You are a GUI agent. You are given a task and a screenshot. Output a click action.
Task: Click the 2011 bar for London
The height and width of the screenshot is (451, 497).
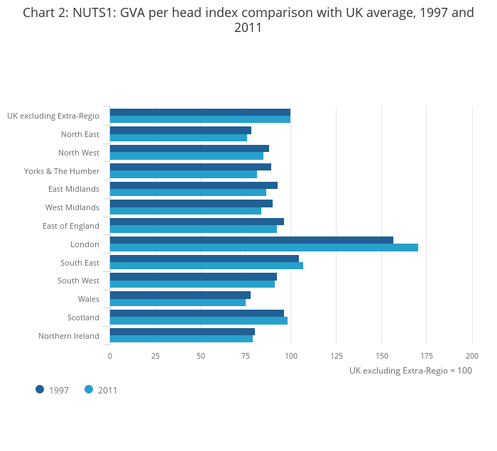coord(264,247)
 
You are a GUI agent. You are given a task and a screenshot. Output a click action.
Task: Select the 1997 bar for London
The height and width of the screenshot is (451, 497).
coord(251,240)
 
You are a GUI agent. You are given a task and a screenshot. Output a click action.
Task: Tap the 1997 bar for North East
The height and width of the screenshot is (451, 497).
coord(180,130)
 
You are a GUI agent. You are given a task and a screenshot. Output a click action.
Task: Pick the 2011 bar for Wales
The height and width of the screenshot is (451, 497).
coord(177,303)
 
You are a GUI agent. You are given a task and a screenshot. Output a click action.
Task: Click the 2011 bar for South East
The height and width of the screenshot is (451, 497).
coord(207,266)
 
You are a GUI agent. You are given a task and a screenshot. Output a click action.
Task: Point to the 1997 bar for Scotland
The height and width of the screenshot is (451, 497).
coord(197,313)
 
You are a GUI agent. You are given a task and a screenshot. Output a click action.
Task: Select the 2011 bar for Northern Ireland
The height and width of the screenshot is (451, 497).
coord(181,339)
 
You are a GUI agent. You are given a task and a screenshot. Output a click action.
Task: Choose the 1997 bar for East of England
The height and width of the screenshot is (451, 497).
coord(197,222)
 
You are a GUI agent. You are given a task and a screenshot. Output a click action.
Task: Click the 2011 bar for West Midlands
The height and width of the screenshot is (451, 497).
coord(185,211)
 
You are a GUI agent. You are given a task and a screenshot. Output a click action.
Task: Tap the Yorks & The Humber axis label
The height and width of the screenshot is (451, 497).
coord(62,171)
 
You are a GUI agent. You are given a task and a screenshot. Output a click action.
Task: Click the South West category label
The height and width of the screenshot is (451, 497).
coord(78,281)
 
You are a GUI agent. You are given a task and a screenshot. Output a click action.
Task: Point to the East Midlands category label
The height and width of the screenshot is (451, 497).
coord(74,189)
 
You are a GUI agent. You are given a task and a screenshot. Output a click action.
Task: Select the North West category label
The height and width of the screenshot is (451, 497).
coord(79,153)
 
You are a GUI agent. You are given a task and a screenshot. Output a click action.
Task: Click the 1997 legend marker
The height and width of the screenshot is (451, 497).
coord(40,389)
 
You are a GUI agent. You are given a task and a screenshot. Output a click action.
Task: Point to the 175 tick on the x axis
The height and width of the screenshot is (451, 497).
coord(427,356)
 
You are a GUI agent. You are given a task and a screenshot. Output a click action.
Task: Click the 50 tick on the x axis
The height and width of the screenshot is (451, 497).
coord(201,356)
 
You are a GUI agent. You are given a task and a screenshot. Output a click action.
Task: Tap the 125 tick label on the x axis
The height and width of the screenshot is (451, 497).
coord(337,356)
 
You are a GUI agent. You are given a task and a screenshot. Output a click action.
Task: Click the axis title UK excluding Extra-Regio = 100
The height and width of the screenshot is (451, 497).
coord(410,371)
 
